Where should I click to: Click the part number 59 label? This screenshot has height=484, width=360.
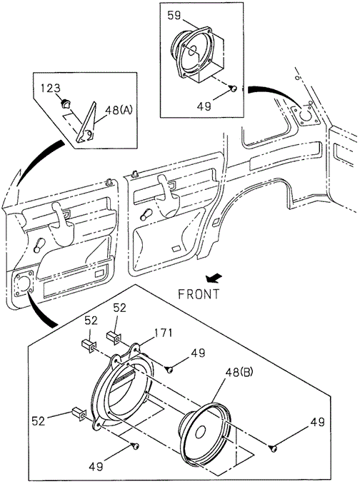[174, 16]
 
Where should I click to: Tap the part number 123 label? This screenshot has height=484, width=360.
[51, 89]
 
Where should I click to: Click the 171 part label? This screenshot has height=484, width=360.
[163, 333]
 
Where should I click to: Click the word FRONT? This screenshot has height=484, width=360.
[199, 294]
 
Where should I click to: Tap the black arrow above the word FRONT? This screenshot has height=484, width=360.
[214, 278]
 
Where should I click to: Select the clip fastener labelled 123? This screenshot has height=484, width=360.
[65, 104]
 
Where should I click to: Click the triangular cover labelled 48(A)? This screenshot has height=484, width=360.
[86, 123]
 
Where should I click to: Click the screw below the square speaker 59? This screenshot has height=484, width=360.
[234, 89]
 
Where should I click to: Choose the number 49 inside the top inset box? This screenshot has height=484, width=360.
[204, 106]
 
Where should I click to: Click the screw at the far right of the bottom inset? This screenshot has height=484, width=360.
[274, 448]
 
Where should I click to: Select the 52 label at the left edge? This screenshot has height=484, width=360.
[39, 421]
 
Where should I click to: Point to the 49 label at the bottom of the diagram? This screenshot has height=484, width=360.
[96, 466]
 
